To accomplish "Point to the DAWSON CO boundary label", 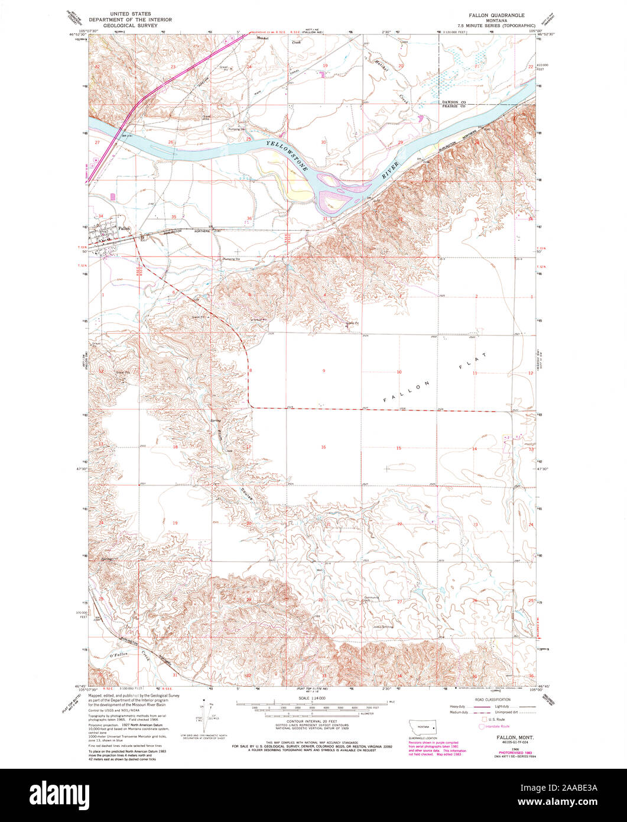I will tap(454, 102).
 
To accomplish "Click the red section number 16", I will tap(323, 447).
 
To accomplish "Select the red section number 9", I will tap(323, 371).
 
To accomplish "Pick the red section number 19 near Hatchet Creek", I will tap(324, 65).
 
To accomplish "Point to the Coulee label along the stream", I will tap(247, 494).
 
